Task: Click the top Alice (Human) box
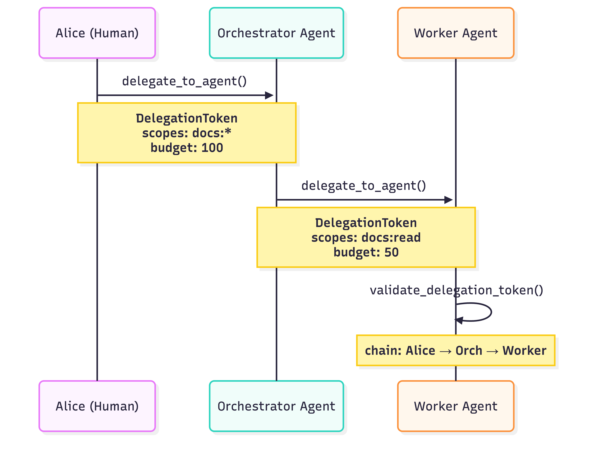(x=97, y=33)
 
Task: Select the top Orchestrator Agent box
(x=276, y=33)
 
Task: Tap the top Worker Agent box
(x=456, y=33)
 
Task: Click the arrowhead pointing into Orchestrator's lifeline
(x=269, y=95)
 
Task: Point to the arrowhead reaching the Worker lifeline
(x=449, y=200)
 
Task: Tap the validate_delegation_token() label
(x=456, y=290)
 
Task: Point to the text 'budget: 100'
(x=187, y=148)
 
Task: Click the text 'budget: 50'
(x=366, y=252)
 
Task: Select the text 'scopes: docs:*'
(x=187, y=133)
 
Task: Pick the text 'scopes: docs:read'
(x=366, y=237)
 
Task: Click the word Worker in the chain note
(x=524, y=350)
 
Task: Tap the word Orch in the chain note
(x=469, y=350)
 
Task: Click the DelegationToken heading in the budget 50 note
(x=366, y=223)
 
